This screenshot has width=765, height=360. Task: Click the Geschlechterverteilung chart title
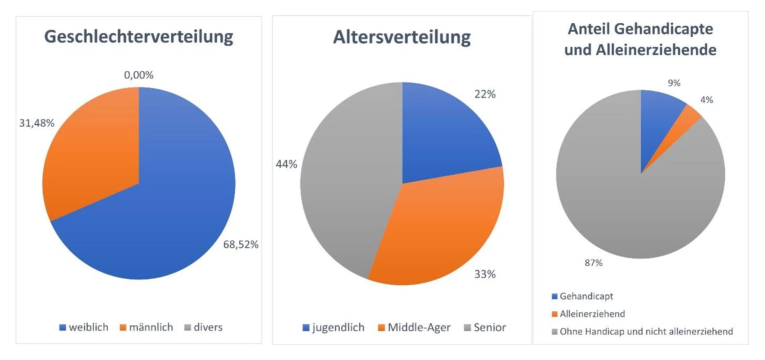point(138,37)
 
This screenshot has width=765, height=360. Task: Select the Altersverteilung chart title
point(402,37)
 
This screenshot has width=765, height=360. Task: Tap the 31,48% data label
point(37,123)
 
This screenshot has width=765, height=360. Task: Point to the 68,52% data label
point(240,245)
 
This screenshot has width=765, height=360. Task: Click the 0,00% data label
point(139,75)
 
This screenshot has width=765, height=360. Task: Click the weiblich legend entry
point(84,327)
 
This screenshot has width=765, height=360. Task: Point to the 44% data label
point(286,164)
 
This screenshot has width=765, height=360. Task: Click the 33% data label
point(485,274)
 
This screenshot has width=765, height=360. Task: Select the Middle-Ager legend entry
point(414,327)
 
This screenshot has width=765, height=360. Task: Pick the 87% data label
point(593,263)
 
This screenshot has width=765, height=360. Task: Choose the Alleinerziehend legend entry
point(588,314)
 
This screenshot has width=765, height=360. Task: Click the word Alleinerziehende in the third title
point(656,50)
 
